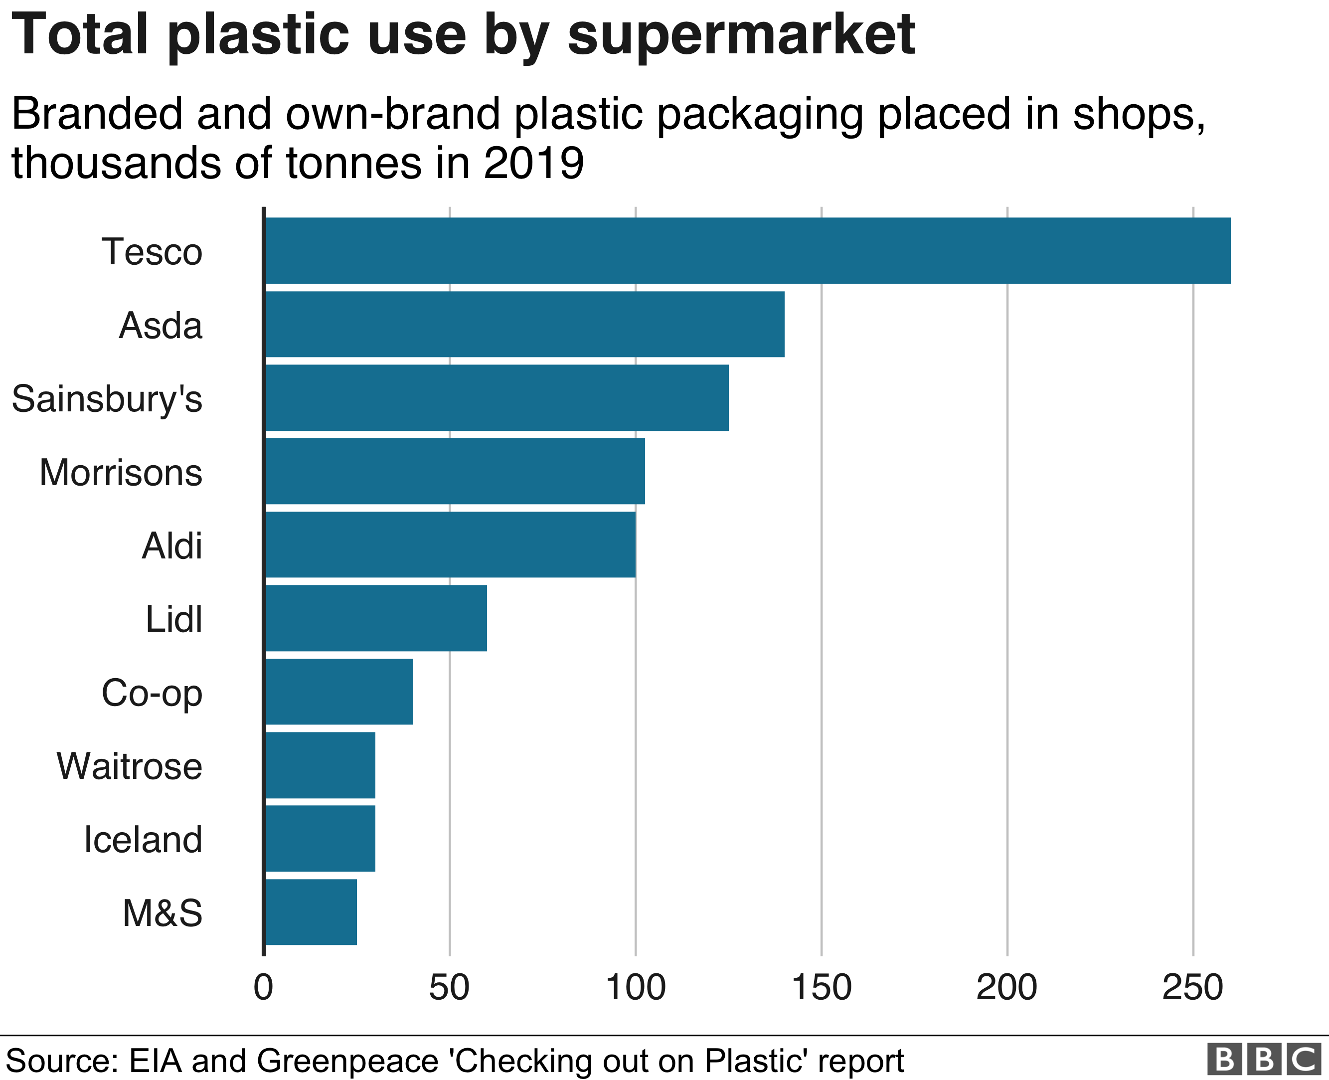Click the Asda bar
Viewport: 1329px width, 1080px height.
[525, 324]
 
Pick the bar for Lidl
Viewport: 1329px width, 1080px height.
[376, 618]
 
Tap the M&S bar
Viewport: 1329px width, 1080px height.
[311, 912]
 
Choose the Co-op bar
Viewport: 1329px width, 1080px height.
[339, 691]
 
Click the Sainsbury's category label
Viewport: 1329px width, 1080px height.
[107, 399]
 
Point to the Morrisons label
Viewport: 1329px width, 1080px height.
[121, 472]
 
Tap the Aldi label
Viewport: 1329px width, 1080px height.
[171, 545]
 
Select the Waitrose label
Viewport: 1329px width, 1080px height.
[129, 766]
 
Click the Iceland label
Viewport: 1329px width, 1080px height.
[143, 839]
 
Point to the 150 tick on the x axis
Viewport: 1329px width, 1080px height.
[821, 987]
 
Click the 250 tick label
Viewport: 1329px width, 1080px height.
[1192, 987]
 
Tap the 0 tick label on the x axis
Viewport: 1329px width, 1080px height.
[264, 987]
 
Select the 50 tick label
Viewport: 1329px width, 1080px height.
[449, 987]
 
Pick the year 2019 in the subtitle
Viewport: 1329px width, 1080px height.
[533, 163]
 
